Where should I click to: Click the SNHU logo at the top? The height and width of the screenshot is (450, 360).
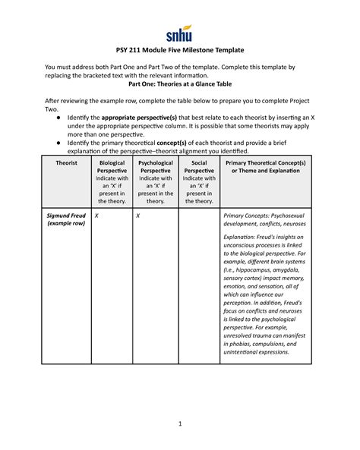(x=179, y=33)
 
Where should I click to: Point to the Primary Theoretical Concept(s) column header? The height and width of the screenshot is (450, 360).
(x=266, y=167)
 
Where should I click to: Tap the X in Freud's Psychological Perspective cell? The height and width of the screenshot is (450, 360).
(x=139, y=216)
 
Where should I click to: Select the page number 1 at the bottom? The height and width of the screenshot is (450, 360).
(x=180, y=423)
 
